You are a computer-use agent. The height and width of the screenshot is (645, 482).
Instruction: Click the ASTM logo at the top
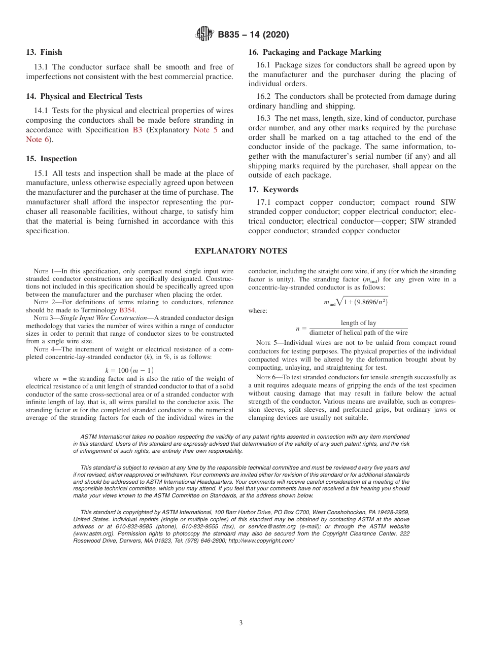pyautogui.click(x=204, y=34)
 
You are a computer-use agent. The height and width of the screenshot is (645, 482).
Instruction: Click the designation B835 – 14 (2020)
pyautogui.click(x=253, y=35)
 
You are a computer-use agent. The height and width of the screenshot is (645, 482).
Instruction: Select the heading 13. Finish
pyautogui.click(x=44, y=52)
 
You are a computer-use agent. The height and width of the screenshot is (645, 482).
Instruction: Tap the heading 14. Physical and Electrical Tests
pyautogui.click(x=84, y=96)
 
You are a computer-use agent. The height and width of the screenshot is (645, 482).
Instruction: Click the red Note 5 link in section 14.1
pyautogui.click(x=205, y=130)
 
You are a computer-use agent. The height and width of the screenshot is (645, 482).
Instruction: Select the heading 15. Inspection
pyautogui.click(x=51, y=159)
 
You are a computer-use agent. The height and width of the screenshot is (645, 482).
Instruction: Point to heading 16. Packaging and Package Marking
pyautogui.click(x=315, y=52)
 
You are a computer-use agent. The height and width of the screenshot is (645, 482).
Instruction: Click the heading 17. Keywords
pyautogui.click(x=273, y=190)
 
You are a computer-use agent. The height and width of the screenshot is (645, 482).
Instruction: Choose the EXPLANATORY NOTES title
pyautogui.click(x=240, y=251)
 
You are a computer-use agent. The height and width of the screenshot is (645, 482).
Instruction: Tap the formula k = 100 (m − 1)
pyautogui.click(x=129, y=370)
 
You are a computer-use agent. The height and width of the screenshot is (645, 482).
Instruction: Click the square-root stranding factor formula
pyautogui.click(x=356, y=302)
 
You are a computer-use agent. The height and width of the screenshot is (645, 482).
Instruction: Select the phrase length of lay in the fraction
pyautogui.click(x=358, y=323)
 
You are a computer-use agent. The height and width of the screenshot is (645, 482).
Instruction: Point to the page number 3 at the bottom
pyautogui.click(x=241, y=623)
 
